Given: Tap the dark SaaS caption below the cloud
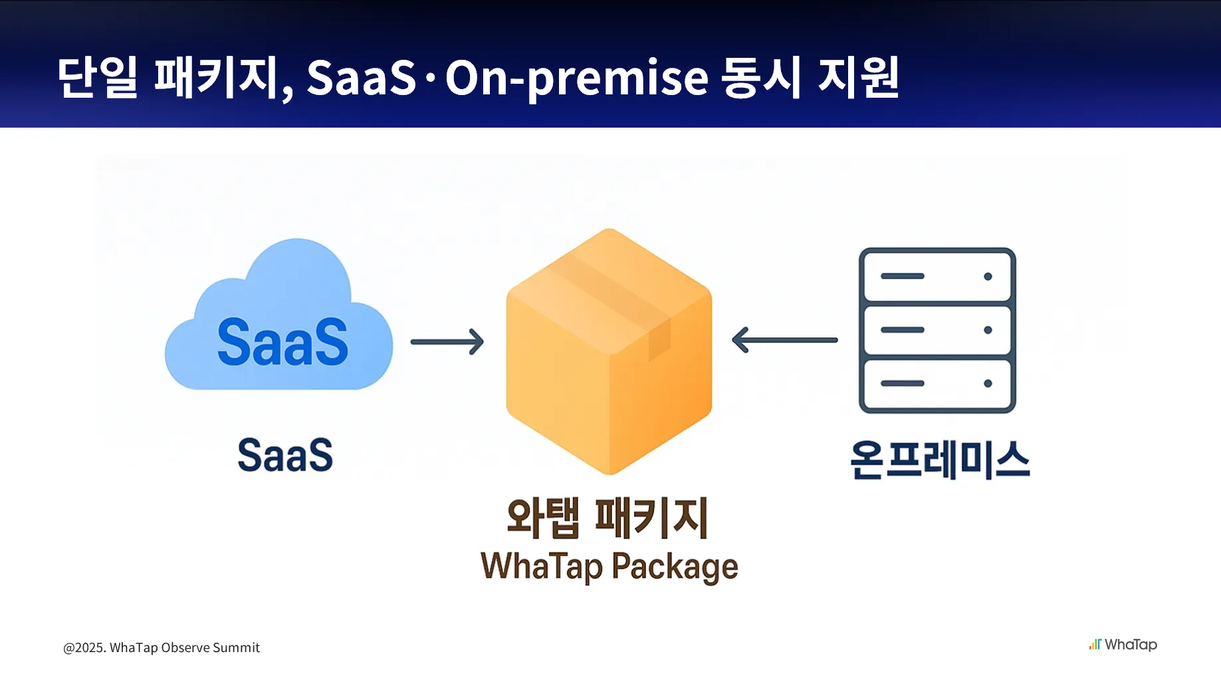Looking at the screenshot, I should pyautogui.click(x=285, y=455).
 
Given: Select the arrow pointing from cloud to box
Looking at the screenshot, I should pyautogui.click(x=447, y=342).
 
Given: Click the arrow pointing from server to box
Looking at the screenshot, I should pyautogui.click(x=784, y=340).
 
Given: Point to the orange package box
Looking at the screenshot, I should pyautogui.click(x=609, y=359).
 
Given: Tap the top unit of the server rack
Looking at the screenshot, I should pyautogui.click(x=937, y=276).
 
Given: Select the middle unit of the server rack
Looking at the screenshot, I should pyautogui.click(x=937, y=330).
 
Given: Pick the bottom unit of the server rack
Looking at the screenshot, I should pyautogui.click(x=937, y=384).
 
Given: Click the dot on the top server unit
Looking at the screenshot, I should pyautogui.click(x=988, y=277).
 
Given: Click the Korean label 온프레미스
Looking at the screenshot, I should pyautogui.click(x=940, y=459).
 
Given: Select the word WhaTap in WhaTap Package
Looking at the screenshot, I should pyautogui.click(x=541, y=566).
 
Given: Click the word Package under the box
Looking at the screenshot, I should pyautogui.click(x=675, y=566).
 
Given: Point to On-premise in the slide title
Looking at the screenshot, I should pyautogui.click(x=576, y=78).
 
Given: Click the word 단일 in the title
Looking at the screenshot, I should pyautogui.click(x=97, y=77).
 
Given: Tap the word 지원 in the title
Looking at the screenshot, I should pyautogui.click(x=858, y=77).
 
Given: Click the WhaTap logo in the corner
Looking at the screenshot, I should pyautogui.click(x=1123, y=644).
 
